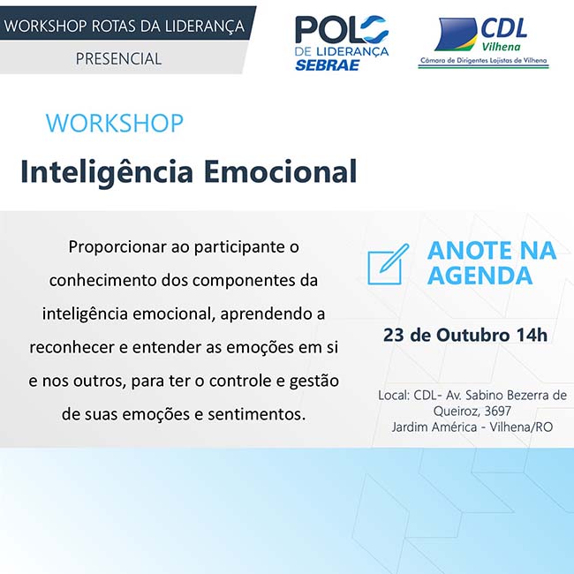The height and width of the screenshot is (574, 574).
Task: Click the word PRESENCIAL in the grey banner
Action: [118, 58]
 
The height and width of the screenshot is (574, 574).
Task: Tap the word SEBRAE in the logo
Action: [328, 64]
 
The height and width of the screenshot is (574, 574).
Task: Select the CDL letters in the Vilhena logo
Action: [503, 28]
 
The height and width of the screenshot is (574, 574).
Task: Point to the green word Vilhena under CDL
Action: [502, 47]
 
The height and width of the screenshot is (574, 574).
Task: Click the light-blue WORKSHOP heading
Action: [115, 123]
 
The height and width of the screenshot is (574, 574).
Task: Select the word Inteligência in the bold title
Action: [107, 172]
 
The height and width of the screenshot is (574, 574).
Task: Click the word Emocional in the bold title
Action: [280, 171]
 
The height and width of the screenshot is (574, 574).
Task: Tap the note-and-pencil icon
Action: [388, 264]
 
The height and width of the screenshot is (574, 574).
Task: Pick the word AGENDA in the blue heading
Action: [480, 276]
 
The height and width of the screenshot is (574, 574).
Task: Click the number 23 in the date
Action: [394, 335]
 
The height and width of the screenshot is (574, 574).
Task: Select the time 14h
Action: [532, 335]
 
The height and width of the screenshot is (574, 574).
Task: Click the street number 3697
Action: [497, 412]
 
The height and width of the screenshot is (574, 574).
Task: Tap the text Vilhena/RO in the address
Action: [521, 427]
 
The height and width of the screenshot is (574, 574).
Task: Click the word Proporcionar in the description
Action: [117, 247]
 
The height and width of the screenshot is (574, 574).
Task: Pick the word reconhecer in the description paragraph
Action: [72, 347]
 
